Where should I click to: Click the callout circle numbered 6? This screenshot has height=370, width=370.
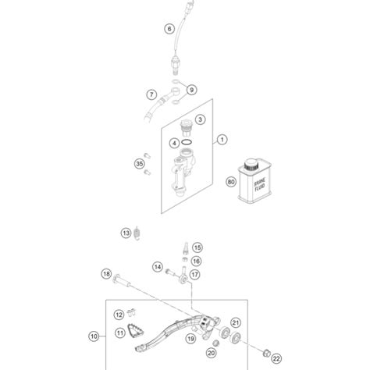[169, 28]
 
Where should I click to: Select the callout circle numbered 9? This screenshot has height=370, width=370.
[192, 90]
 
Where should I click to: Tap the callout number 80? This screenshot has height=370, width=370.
[231, 182]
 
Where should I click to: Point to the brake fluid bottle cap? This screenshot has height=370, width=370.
[251, 165]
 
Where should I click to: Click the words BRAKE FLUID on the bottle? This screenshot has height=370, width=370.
[259, 184]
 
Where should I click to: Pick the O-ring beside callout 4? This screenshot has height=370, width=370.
[187, 142]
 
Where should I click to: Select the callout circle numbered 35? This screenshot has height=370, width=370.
[140, 164]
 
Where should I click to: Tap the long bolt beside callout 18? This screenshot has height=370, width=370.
[122, 280]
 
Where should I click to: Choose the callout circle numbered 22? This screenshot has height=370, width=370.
[276, 358]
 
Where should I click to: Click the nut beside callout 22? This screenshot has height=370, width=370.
[267, 353]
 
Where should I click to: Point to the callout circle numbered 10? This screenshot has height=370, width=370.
[94, 336]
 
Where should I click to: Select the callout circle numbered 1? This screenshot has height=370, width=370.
[222, 140]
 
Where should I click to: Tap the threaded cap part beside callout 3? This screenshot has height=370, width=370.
[187, 128]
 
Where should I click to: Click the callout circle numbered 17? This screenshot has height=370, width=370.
[195, 274]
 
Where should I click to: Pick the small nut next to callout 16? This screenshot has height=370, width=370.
[184, 259]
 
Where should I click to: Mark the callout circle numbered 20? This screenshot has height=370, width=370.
[212, 353]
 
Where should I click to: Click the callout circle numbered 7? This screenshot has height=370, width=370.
[151, 94]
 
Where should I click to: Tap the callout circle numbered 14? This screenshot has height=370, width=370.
[158, 267]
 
